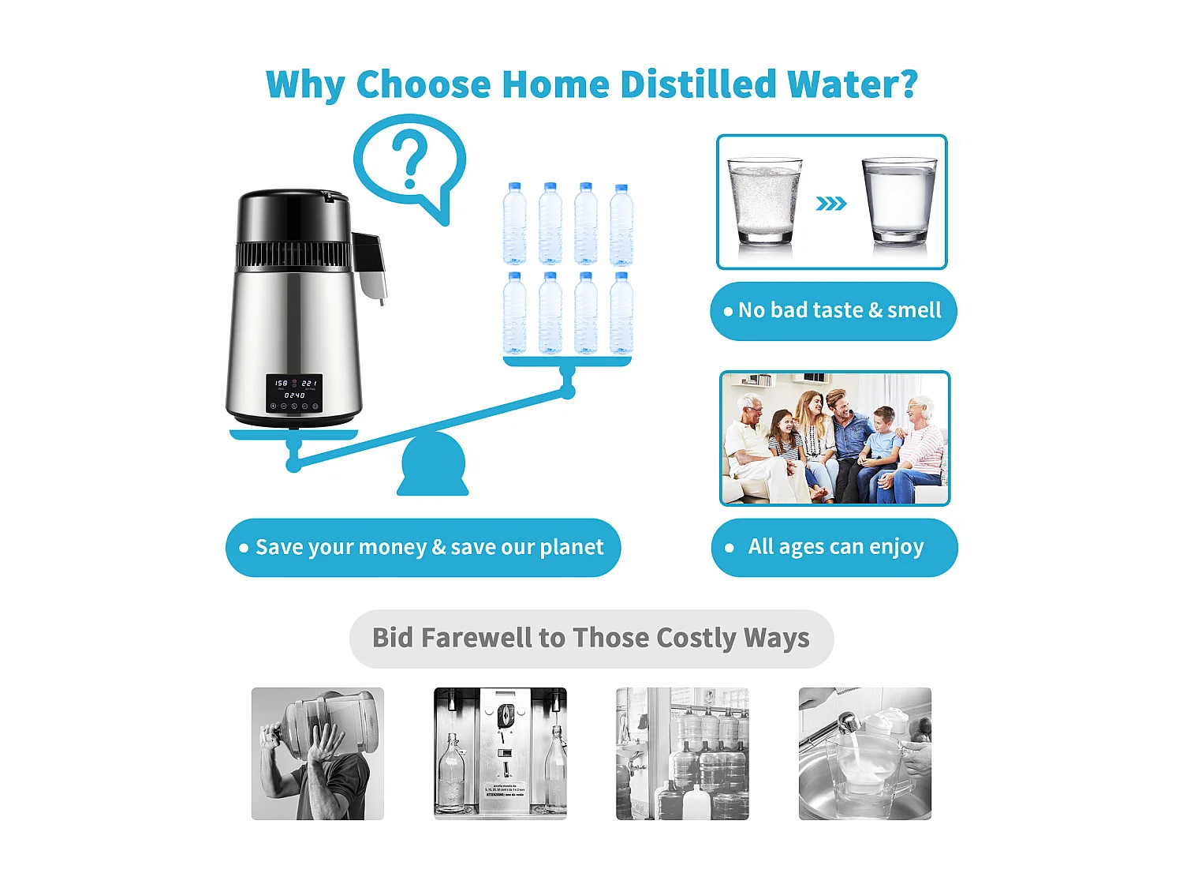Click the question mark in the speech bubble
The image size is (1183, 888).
(409, 159)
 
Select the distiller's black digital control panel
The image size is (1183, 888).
(294, 393)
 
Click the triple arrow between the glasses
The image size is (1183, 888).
(830, 204)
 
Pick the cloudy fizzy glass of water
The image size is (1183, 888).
(763, 200)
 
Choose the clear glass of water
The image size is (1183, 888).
(898, 200)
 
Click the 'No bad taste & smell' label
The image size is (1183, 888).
(833, 311)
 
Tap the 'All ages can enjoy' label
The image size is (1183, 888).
(834, 547)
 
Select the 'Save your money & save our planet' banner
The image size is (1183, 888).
(423, 547)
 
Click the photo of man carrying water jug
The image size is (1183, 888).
(318, 753)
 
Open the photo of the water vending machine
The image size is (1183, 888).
(500, 753)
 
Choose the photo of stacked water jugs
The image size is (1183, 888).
(682, 753)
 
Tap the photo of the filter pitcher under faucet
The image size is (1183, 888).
(864, 753)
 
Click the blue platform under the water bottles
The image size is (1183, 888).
(567, 362)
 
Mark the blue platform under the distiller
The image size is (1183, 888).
(293, 435)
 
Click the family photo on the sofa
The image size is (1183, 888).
(834, 438)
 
